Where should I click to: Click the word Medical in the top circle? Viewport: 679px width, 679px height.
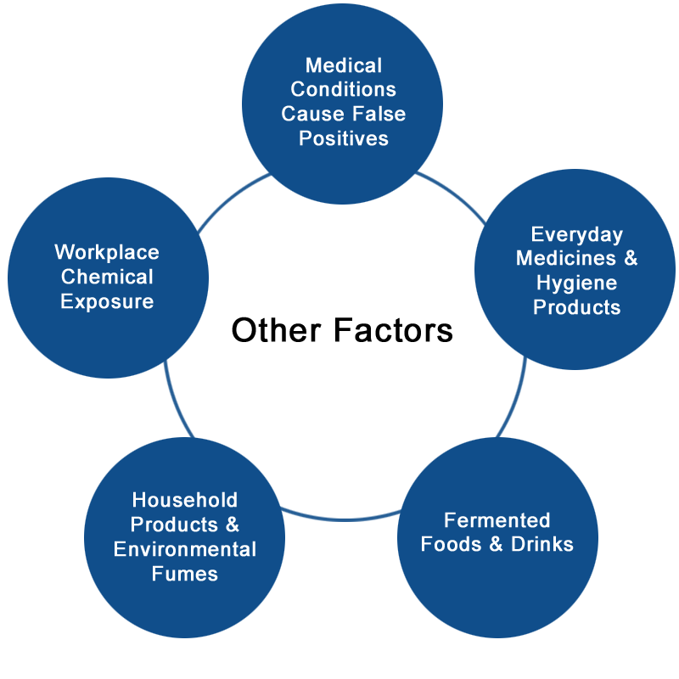point(343,65)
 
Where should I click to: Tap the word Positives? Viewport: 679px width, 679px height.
point(343,138)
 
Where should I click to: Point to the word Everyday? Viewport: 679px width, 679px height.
point(576,234)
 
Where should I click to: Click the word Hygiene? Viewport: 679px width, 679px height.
point(576,283)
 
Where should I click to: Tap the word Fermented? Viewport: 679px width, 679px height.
point(497,520)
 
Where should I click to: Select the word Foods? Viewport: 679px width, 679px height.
point(451,544)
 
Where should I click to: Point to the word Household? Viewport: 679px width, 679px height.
point(185,500)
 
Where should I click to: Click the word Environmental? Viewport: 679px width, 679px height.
point(185,549)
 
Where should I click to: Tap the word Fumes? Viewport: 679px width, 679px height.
point(185,574)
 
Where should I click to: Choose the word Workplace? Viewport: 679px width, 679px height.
point(107,252)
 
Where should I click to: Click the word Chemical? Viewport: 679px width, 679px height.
point(107,277)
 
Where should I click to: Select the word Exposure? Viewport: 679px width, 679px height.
point(107,301)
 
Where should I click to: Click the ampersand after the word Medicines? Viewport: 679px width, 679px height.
point(629,258)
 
